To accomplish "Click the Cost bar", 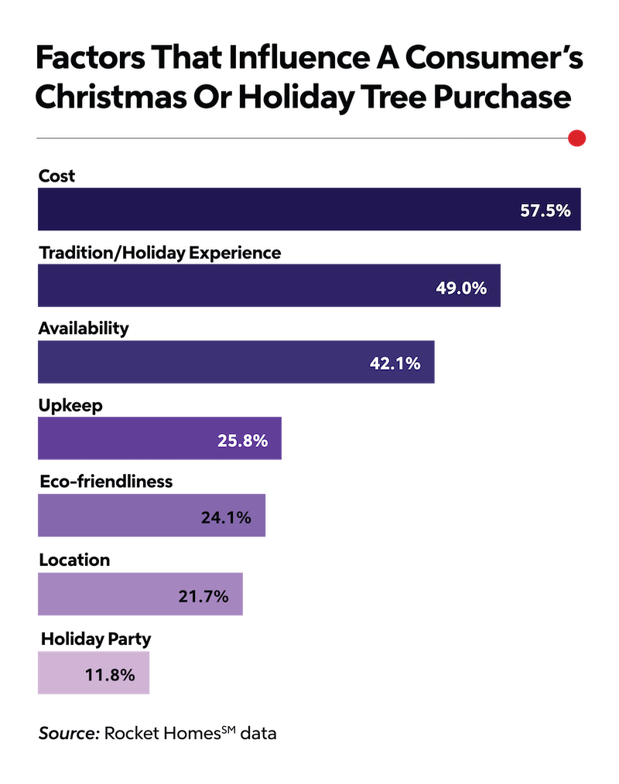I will pyautogui.click(x=309, y=209).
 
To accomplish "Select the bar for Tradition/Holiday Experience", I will pyautogui.click(x=269, y=286).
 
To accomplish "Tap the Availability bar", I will pyautogui.click(x=236, y=362).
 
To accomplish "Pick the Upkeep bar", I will pyautogui.click(x=159, y=438).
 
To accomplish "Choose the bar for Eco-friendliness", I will pyautogui.click(x=152, y=515).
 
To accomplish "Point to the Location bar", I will pyautogui.click(x=140, y=595).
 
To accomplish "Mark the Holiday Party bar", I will pyautogui.click(x=94, y=673).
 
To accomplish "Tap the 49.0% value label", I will pyautogui.click(x=461, y=288).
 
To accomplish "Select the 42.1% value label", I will pyautogui.click(x=395, y=363).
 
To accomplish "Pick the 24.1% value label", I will pyautogui.click(x=226, y=517).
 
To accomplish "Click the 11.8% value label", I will pyautogui.click(x=110, y=674).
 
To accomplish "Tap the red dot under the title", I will pyautogui.click(x=576, y=138).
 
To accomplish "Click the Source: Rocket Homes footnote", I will pyautogui.click(x=157, y=733).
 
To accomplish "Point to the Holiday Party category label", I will pyautogui.click(x=95, y=639).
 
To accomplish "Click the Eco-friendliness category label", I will pyautogui.click(x=105, y=482).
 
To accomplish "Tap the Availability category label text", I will pyautogui.click(x=83, y=328).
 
